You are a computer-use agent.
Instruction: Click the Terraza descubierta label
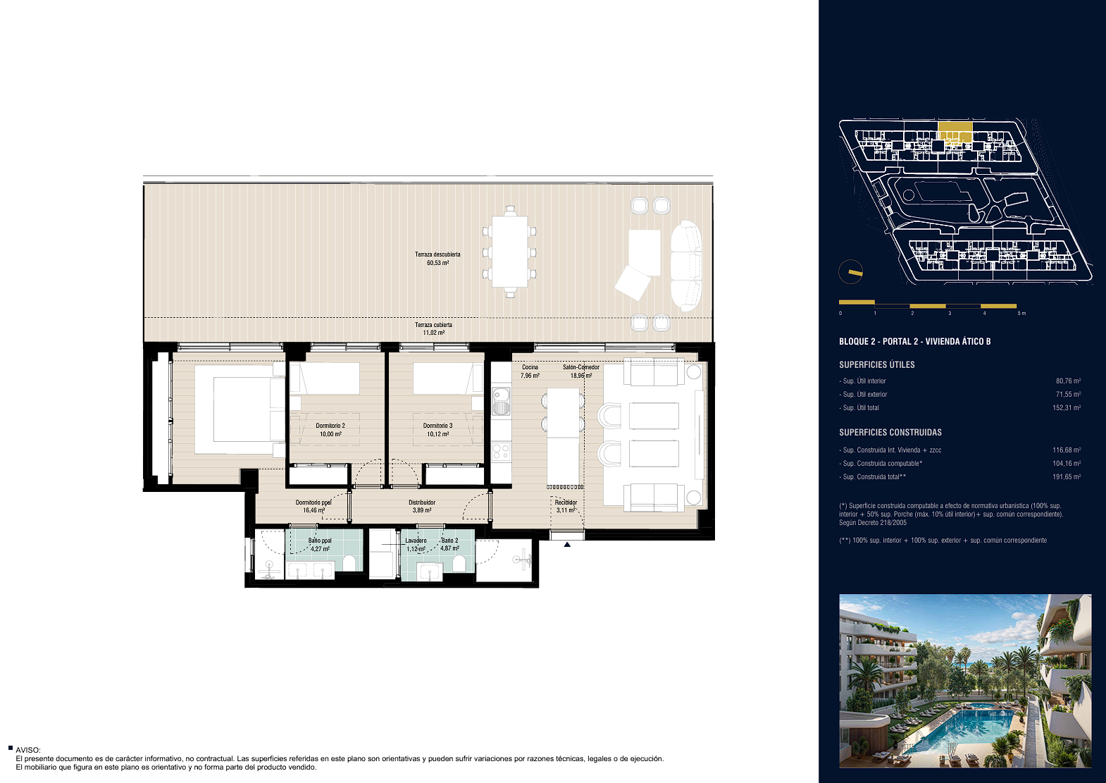[437, 254]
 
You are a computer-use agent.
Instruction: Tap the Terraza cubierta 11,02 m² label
[433, 328]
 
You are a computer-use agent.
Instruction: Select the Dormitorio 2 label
[330, 426]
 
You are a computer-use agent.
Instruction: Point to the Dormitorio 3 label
[437, 426]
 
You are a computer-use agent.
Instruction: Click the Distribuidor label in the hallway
[422, 503]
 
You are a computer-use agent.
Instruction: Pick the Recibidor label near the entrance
[566, 503]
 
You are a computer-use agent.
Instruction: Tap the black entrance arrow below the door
[567, 544]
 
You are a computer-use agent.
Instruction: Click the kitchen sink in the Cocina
[501, 401]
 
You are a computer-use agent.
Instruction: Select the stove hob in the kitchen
[501, 452]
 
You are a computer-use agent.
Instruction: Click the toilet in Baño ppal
[349, 562]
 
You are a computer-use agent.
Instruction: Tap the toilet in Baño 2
[459, 563]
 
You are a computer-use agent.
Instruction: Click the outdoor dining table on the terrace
[509, 252]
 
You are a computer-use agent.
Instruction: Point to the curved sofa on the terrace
[686, 266]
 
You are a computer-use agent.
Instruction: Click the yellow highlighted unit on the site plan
[955, 131]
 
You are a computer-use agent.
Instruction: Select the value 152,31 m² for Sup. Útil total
[1067, 407]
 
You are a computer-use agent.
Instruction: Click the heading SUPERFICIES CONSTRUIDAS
[890, 432]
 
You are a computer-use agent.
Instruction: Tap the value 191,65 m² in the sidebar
[1067, 476]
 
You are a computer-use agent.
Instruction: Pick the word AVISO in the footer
[27, 750]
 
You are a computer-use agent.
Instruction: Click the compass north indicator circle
[851, 272]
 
